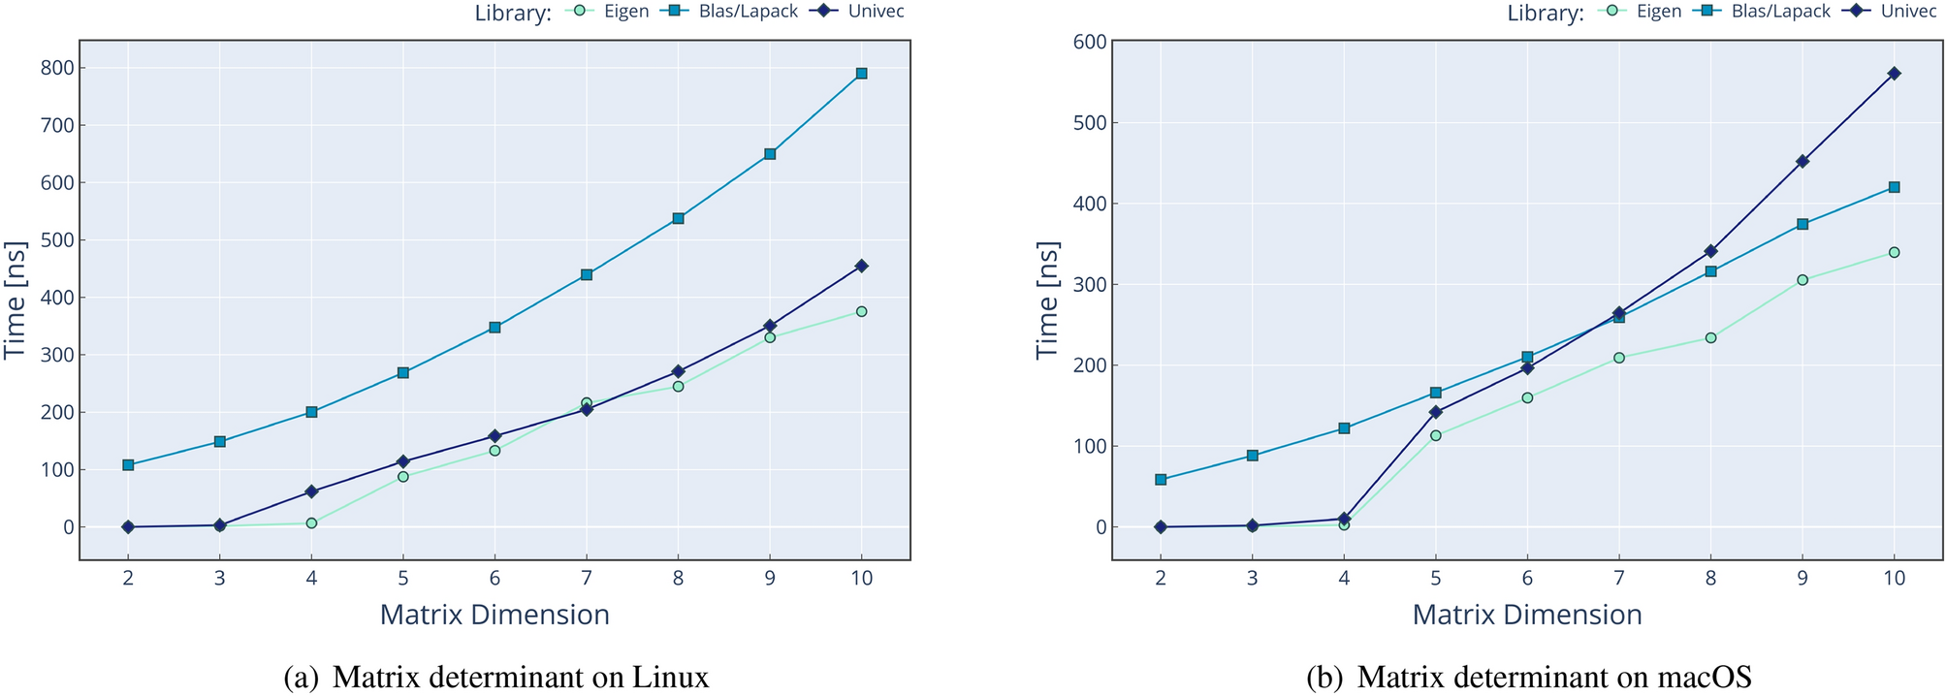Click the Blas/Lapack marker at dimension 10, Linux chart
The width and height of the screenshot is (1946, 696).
[x=861, y=74]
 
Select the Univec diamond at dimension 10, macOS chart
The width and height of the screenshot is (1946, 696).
[x=1894, y=74]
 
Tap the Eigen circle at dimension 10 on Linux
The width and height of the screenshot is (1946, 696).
[x=861, y=311]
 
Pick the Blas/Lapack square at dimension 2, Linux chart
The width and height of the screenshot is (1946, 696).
[x=128, y=465]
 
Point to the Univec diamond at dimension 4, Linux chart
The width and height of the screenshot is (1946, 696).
[x=311, y=491]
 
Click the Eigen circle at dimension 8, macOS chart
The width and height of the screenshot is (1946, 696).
[x=1710, y=338]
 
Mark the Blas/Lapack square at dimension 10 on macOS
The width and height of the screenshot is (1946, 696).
[x=1894, y=187]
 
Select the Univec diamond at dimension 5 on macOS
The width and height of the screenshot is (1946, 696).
[x=1435, y=412]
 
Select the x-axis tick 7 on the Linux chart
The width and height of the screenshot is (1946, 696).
[x=586, y=578]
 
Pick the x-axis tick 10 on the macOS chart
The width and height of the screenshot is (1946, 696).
[x=1894, y=578]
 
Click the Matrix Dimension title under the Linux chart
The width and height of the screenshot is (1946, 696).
[x=494, y=615]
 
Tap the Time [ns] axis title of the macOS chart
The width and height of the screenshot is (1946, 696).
[x=1047, y=300]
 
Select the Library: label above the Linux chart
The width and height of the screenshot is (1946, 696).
[x=513, y=13]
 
